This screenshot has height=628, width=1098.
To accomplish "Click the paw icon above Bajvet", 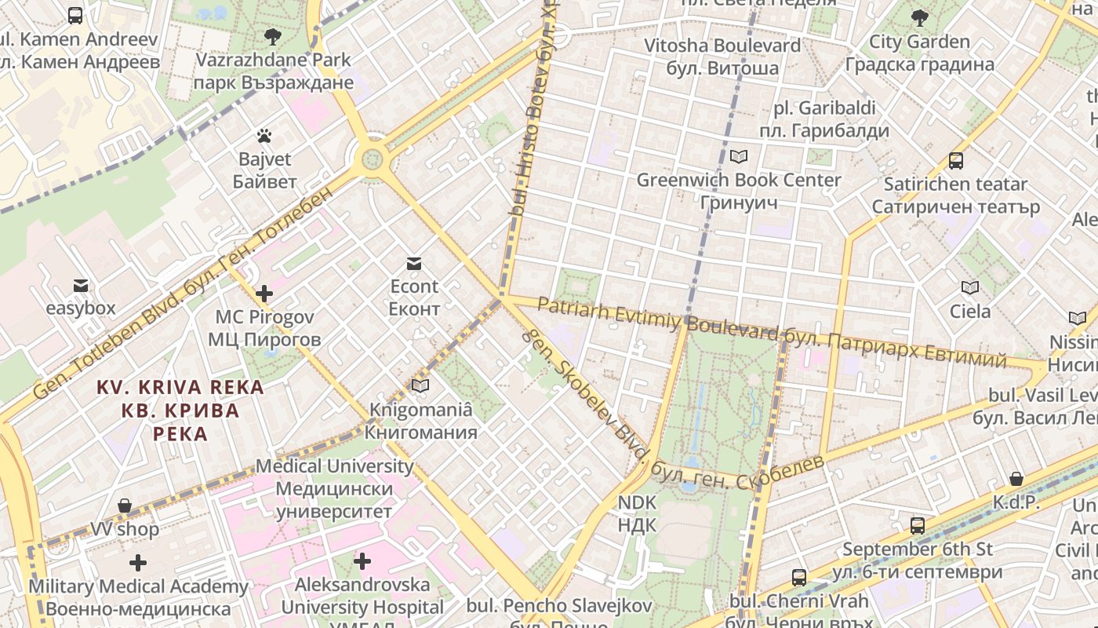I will [x=264, y=136].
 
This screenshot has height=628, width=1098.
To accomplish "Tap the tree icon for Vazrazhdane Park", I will [x=273, y=36].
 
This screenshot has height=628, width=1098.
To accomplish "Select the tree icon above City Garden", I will [x=920, y=17].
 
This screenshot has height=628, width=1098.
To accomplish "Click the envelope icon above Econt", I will [x=413, y=263].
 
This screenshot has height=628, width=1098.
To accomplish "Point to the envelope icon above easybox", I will [x=80, y=285].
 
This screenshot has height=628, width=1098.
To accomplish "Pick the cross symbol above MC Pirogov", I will [x=264, y=294].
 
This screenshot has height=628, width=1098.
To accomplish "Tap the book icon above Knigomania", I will [x=421, y=385].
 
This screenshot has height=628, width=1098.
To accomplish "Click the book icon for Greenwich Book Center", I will [x=738, y=156].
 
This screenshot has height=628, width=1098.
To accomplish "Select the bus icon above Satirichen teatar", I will [x=955, y=161].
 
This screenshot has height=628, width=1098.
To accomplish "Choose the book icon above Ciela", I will [x=970, y=287].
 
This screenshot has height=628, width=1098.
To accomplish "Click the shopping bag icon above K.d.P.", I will [x=1016, y=479].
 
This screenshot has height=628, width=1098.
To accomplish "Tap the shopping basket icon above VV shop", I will [x=124, y=506].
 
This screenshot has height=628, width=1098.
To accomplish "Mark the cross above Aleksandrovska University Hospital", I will [x=362, y=561].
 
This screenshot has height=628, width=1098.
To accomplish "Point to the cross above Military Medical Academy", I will [x=138, y=563].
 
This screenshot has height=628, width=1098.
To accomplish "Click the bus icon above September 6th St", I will [x=917, y=525].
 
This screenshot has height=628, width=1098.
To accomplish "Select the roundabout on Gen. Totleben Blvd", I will [x=372, y=159].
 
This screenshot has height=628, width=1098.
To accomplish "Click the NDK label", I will [x=637, y=513].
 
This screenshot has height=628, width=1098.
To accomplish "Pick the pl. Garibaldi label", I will [x=823, y=119].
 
